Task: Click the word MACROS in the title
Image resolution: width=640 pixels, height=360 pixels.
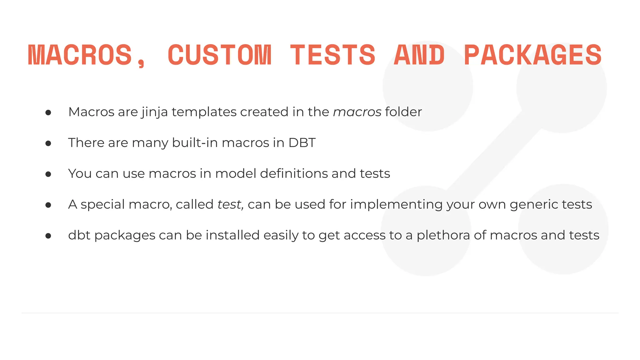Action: [80, 55]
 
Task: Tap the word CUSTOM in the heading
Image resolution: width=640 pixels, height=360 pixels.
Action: [220, 55]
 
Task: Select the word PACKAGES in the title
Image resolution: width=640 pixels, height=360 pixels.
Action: [533, 55]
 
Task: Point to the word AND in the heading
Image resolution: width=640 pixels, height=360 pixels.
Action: [419, 55]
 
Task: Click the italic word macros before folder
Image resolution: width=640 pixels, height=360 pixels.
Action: [357, 112]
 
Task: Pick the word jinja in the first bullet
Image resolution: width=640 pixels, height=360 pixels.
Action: [155, 112]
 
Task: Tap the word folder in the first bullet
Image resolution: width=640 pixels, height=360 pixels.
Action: [403, 112]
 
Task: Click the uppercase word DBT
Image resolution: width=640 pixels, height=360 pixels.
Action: [302, 143]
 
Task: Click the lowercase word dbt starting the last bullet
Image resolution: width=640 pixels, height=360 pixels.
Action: [79, 235]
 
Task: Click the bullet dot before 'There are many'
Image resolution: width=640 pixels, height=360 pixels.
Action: [48, 143]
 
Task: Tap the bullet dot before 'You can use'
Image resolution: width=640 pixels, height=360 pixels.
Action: [48, 174]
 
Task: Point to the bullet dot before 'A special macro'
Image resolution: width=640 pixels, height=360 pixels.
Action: [48, 205]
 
